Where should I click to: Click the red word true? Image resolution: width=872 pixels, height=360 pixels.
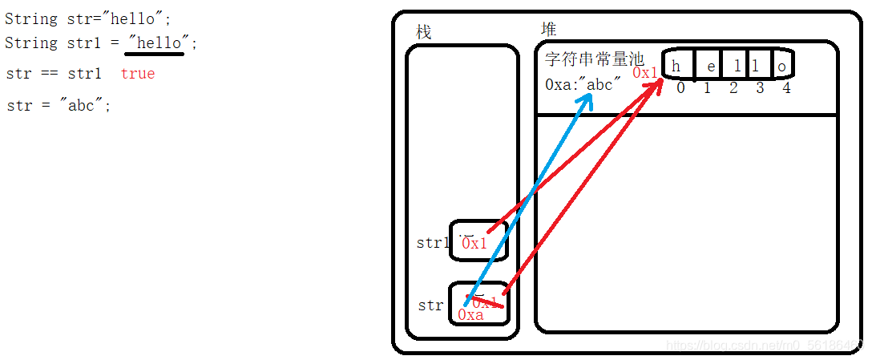click(138, 74)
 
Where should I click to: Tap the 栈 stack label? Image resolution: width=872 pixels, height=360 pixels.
click(423, 32)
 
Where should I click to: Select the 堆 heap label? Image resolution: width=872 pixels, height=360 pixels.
click(548, 29)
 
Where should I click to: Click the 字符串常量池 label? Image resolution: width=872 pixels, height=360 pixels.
click(594, 60)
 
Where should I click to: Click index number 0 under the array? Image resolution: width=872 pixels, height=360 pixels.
click(680, 88)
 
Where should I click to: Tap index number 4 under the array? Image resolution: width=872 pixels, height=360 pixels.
click(786, 88)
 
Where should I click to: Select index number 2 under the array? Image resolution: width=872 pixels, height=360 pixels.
click(733, 88)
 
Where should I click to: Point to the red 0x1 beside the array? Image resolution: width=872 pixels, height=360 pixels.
click(645, 73)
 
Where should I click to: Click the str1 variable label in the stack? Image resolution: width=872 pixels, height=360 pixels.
click(433, 243)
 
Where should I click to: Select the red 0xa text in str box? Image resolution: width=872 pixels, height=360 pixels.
click(470, 315)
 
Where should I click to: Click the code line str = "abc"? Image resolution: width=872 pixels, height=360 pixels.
click(59, 106)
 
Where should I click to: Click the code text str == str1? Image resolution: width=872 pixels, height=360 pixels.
click(54, 74)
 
